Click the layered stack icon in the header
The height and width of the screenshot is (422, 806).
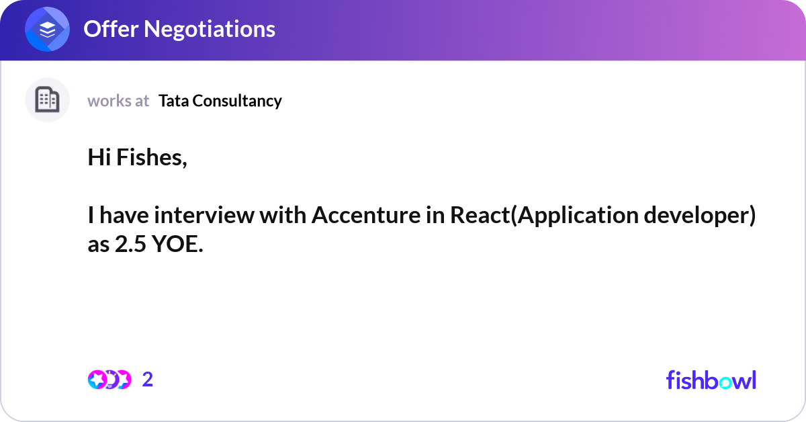[x=47, y=30]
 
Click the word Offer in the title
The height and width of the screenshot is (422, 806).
[x=111, y=29]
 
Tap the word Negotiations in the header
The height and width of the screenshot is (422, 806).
[x=210, y=30]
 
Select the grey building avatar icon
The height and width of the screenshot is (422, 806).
[x=47, y=99]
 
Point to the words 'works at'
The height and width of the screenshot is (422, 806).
[x=118, y=101]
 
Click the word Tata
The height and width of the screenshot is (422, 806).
[x=174, y=101]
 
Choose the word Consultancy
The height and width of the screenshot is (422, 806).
[x=237, y=101]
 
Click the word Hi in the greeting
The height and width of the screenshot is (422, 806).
[x=99, y=157]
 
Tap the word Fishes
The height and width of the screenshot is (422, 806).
[x=152, y=158]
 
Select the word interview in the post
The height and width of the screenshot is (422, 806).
[x=204, y=215]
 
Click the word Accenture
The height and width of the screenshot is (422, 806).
[x=366, y=215]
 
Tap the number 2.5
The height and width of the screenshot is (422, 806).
[x=130, y=244]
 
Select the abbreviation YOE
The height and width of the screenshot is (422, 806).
[x=177, y=244]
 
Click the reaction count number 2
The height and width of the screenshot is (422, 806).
[x=148, y=380]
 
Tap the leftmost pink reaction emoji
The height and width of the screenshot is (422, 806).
[x=97, y=380]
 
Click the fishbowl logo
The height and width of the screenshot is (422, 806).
[x=711, y=380]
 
